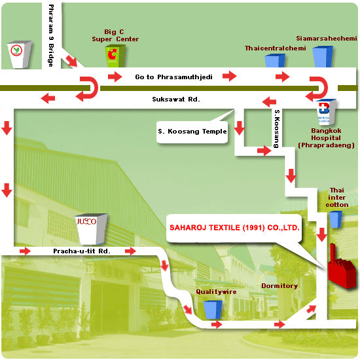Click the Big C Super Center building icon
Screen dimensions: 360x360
pos(115,56)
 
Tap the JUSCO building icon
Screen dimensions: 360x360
pos(91,229)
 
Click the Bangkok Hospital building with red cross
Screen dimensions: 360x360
pos(326,112)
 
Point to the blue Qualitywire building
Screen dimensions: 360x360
pos(213,310)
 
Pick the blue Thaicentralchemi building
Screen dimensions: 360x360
pos(275,61)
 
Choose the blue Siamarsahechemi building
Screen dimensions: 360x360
pos(323,56)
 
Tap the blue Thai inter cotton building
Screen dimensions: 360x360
pos(335,219)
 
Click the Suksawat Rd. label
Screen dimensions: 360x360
pos(176,99)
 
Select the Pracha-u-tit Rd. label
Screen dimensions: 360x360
pos(82,251)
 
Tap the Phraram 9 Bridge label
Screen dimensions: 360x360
pos(51,35)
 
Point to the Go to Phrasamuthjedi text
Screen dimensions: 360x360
pos(173,77)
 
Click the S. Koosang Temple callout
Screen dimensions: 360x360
pos(192,132)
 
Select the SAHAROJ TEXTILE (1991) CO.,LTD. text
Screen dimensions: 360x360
pos(234,228)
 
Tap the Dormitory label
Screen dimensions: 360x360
pos(279,286)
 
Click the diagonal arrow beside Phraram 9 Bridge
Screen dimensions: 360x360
pos(71,61)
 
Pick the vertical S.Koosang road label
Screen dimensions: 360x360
pos(277,128)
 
